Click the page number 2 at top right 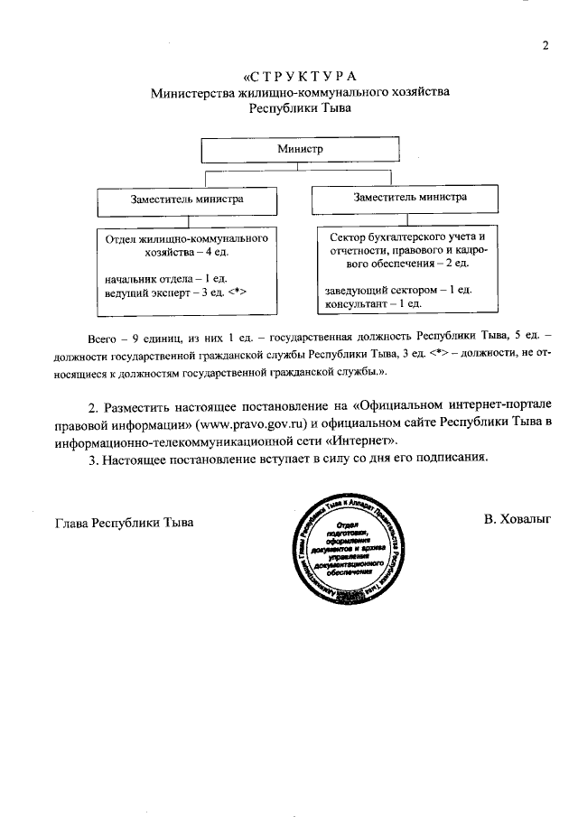click(545, 46)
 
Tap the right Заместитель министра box click(411, 196)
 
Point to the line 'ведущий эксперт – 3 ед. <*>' click(175, 293)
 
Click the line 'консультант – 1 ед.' click(374, 304)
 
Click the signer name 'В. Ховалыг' click(517, 519)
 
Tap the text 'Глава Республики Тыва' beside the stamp click(124, 523)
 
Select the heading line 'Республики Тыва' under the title click(300, 107)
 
